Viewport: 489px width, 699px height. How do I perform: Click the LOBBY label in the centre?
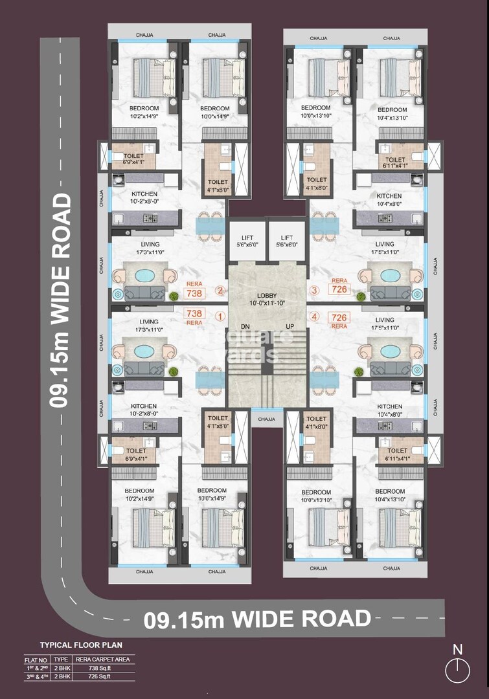[266, 295]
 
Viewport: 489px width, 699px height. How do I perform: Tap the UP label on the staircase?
[290, 326]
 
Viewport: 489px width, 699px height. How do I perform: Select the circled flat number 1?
[220, 317]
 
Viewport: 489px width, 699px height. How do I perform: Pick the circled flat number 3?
[315, 291]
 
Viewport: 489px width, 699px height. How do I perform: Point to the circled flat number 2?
[220, 292]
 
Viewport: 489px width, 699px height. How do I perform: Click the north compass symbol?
[458, 669]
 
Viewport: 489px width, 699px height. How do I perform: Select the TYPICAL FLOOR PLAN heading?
[81, 645]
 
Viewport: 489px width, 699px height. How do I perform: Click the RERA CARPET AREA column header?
[104, 660]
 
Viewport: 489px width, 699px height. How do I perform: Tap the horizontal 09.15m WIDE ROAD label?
[257, 619]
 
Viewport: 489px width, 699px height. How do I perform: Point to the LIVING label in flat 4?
[385, 320]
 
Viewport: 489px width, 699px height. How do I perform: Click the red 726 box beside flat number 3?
[339, 289]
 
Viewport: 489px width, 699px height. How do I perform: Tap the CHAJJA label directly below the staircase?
[266, 419]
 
